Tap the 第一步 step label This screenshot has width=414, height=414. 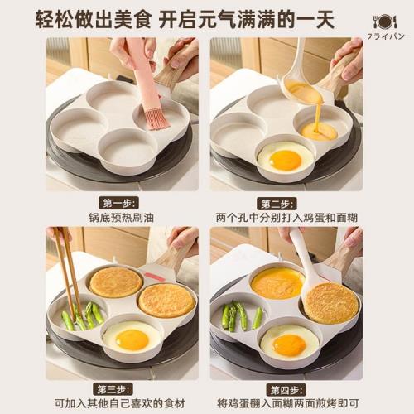[121, 202]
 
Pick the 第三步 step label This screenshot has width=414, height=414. [121, 388]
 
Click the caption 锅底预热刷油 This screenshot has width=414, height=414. [121, 218]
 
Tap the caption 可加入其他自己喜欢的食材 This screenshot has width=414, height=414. [121, 403]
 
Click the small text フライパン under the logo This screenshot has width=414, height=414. [385, 37]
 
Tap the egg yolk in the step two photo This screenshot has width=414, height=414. [286, 160]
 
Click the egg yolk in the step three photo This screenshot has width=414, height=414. [132, 339]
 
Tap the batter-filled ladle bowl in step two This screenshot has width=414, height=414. [305, 93]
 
